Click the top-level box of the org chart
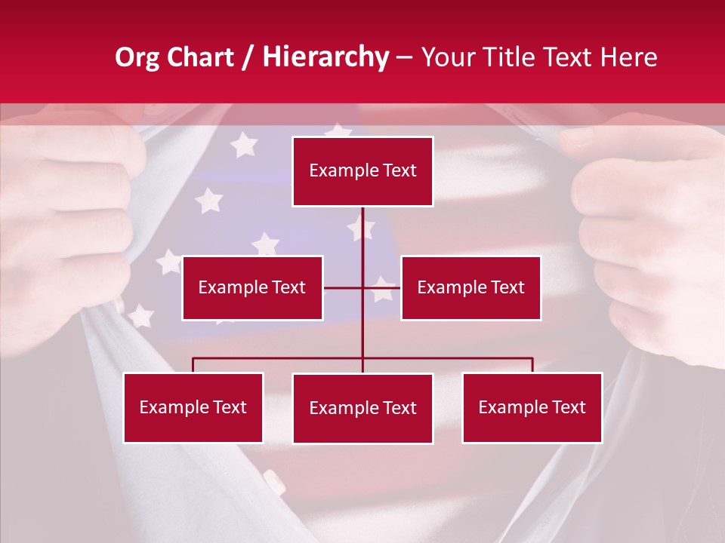pyautogui.click(x=362, y=171)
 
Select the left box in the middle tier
pyautogui.click(x=252, y=288)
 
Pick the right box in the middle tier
pyautogui.click(x=470, y=288)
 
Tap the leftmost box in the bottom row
pyautogui.click(x=193, y=408)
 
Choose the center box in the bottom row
pyautogui.click(x=362, y=409)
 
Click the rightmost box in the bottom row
pyautogui.click(x=532, y=408)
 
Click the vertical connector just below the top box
pyautogui.click(x=362, y=230)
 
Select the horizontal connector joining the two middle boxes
pyautogui.click(x=344, y=288)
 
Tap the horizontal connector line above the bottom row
pyautogui.click(x=279, y=358)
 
